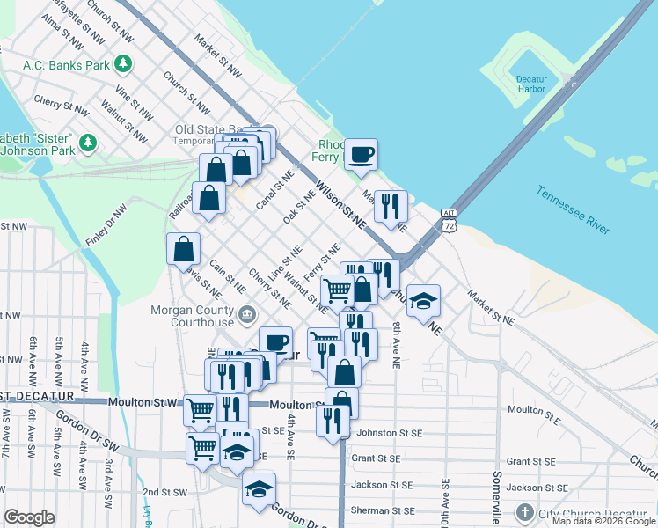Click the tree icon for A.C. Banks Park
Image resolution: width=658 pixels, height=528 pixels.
tap(124, 63)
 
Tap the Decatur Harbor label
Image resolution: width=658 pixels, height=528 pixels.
tap(531, 84)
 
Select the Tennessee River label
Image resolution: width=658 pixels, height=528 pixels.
tap(573, 210)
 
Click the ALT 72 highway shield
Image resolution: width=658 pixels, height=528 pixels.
tap(450, 220)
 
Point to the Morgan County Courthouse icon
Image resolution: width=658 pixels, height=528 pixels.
tap(247, 313)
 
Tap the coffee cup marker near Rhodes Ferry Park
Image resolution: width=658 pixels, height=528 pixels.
tap(361, 156)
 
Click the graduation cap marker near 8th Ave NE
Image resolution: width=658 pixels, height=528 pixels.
tap(423, 300)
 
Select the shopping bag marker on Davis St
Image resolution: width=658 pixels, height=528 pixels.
tap(183, 249)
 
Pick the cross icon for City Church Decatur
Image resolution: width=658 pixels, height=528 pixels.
tap(524, 512)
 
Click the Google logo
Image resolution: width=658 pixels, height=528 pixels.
tap(30, 517)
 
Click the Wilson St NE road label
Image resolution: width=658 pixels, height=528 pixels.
tap(340, 206)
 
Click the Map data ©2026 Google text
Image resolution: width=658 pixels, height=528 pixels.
tap(603, 521)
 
